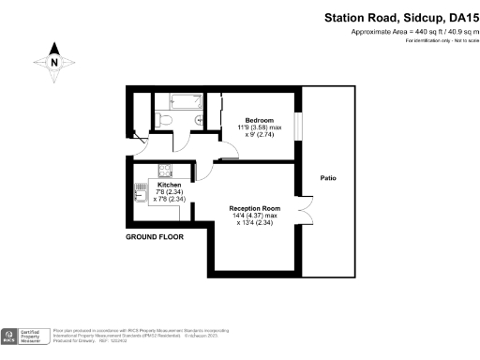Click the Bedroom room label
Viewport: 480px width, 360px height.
click(x=259, y=121)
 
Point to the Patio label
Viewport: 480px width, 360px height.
click(x=328, y=177)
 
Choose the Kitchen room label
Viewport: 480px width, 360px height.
click(x=169, y=186)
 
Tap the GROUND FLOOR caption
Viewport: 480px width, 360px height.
click(x=154, y=237)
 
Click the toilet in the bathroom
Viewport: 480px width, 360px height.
click(x=164, y=118)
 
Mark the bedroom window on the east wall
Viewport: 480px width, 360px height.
click(x=298, y=126)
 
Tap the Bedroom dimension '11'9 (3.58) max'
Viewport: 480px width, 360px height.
click(x=260, y=128)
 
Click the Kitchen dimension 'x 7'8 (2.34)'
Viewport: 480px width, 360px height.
click(x=169, y=199)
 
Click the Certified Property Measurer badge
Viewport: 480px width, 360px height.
click(x=26, y=337)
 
